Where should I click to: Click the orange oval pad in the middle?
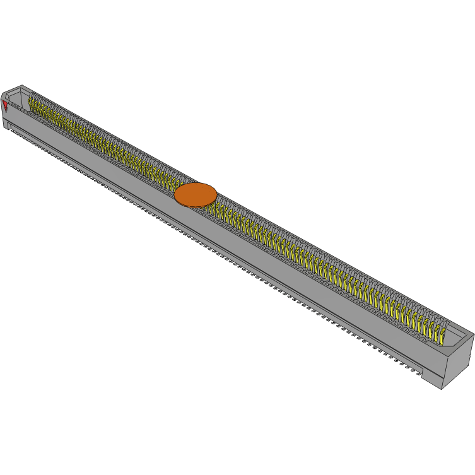coord(196,194)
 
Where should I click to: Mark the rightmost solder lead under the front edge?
coord(417,373)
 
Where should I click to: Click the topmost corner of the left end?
coord(22,85)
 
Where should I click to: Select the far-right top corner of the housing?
coord(473,334)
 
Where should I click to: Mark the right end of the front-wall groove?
coord(421,369)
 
